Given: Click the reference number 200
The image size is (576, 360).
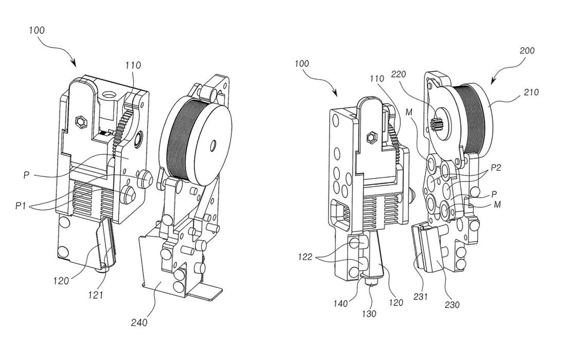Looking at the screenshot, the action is point(527,50).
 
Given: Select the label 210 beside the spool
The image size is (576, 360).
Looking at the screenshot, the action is point(531,92).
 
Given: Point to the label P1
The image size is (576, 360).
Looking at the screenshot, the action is point(21,206).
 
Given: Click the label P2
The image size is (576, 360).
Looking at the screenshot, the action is point(496,168).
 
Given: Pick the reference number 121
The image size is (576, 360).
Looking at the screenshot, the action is point(96,295).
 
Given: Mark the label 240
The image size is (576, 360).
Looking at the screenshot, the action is point(139,322).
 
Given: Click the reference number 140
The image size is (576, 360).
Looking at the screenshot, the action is point(340,303).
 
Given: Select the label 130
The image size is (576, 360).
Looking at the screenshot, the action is point(369,314).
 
